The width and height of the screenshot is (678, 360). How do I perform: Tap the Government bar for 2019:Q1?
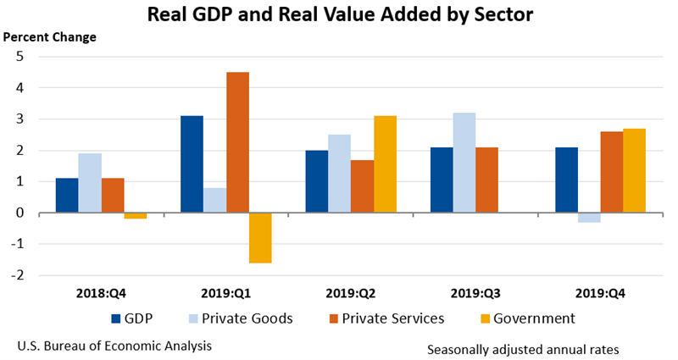(260, 238)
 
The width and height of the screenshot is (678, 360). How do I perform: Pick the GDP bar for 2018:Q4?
(67, 196)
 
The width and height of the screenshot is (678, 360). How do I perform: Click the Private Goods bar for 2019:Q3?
(464, 163)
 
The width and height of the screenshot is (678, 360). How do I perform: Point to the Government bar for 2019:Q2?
(385, 164)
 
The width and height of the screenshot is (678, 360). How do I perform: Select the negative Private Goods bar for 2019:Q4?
(589, 218)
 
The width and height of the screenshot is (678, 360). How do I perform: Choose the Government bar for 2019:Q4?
(634, 170)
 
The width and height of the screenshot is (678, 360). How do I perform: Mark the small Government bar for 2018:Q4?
(136, 216)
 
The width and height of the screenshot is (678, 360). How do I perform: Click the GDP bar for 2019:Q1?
(192, 164)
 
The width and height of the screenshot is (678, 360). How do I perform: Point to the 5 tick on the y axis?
(20, 57)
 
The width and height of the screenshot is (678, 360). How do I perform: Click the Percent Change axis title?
(50, 37)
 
